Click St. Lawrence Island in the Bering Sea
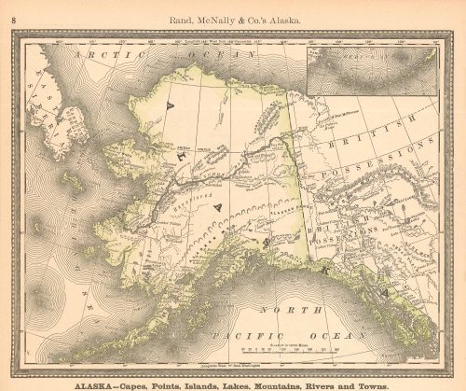click(72, 179)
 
